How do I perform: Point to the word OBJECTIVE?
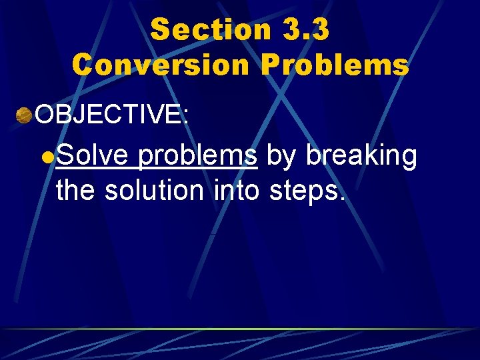point(113,115)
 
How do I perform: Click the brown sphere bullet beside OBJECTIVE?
point(25,115)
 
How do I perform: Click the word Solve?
point(92,156)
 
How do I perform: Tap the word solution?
point(156,191)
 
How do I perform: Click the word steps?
point(304,192)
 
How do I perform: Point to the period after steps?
point(343,199)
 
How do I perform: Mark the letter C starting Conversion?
point(83,65)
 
